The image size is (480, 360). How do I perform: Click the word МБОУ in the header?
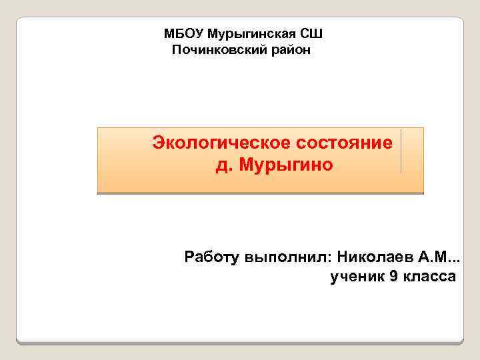183,33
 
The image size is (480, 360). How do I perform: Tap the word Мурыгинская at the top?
251,33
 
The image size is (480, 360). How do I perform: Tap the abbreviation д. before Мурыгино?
221,165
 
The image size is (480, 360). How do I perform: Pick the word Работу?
213,257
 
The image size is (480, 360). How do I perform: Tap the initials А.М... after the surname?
440,257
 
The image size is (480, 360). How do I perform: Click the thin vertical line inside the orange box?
401,151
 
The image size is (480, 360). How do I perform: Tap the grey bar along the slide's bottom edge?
240,343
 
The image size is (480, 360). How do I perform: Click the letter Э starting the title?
159,143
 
